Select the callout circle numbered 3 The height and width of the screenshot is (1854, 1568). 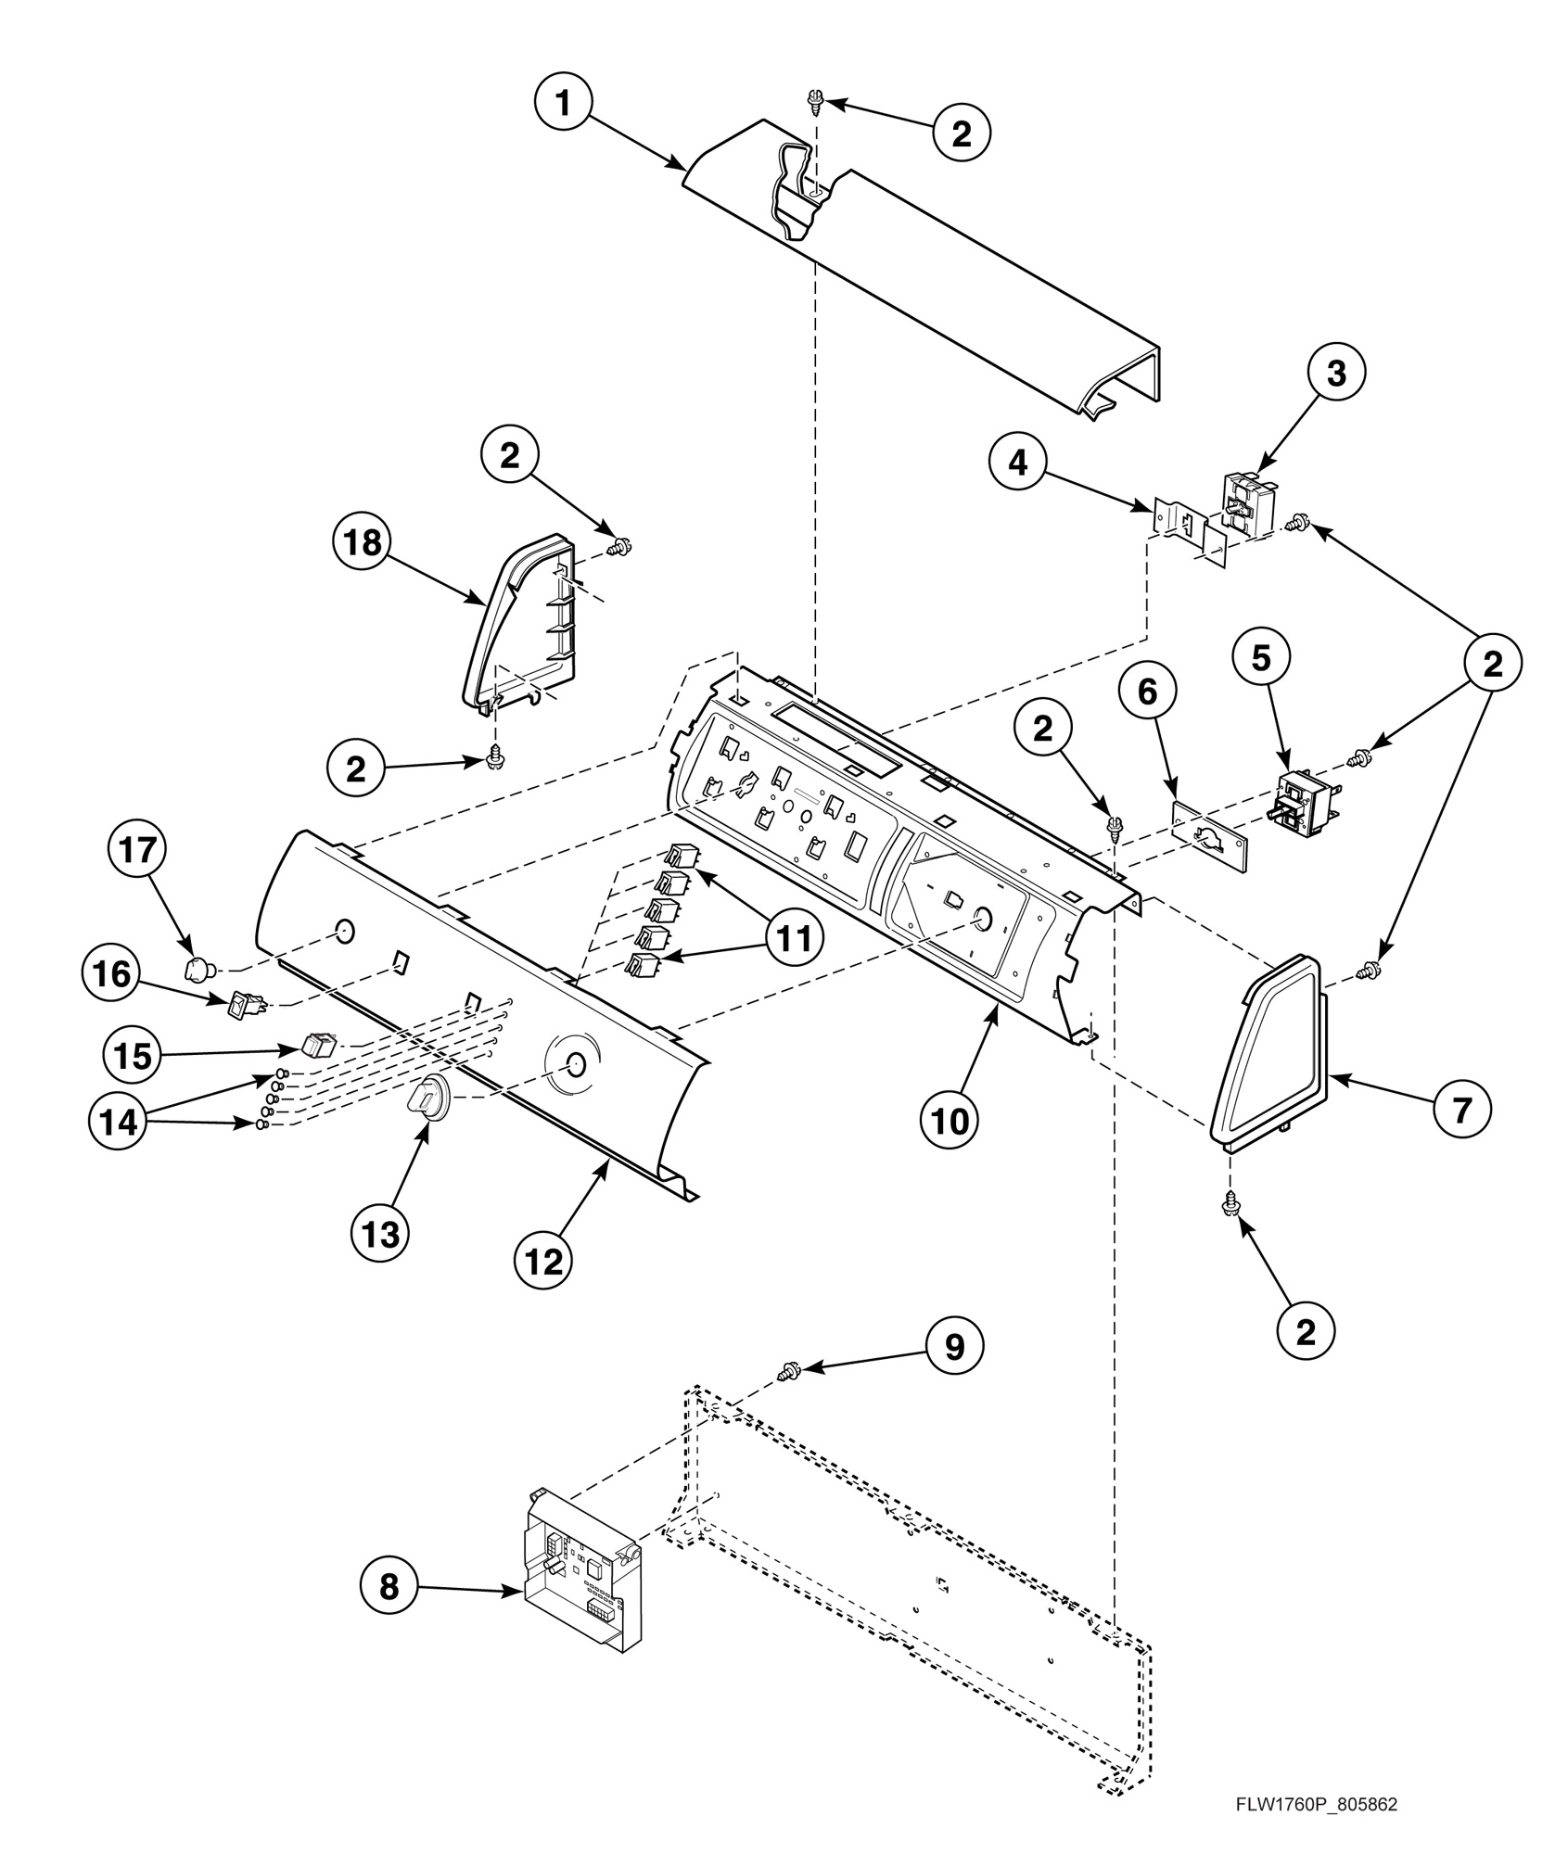(x=1336, y=373)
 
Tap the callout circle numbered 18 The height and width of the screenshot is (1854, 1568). (x=363, y=542)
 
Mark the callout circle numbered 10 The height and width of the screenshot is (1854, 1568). (x=950, y=1121)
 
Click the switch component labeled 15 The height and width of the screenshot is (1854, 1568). (x=317, y=1045)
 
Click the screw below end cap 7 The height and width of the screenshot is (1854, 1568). (x=1232, y=1205)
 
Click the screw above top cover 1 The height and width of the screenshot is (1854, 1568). (x=817, y=99)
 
